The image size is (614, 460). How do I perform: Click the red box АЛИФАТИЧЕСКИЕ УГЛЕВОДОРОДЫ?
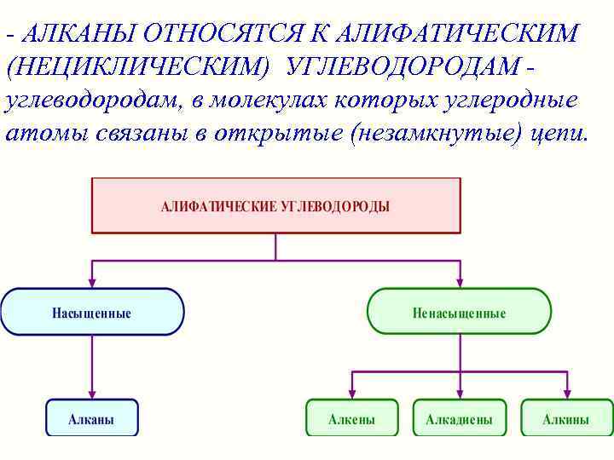[275, 205]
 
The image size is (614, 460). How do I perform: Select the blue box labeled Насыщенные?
[92, 312]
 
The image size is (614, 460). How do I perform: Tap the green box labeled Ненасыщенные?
[459, 312]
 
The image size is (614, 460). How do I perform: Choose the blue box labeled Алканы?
[91, 418]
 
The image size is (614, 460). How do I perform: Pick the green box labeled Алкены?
[351, 418]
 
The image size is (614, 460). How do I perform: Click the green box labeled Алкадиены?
[460, 418]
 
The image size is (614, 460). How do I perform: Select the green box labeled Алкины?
[566, 418]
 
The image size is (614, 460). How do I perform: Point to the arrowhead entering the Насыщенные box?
[92, 283]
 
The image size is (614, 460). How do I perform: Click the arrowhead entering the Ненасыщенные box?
[460, 283]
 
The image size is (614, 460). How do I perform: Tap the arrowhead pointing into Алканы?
[92, 394]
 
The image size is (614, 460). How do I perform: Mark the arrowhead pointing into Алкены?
[351, 394]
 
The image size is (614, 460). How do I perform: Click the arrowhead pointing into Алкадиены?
[460, 394]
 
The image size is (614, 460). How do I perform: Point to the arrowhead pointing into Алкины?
[567, 394]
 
